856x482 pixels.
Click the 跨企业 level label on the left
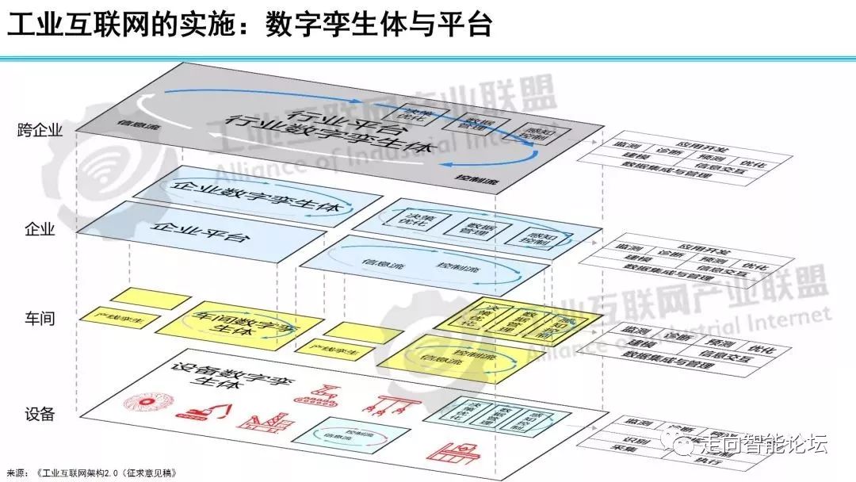[x=39, y=130]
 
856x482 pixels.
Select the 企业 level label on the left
[x=40, y=230]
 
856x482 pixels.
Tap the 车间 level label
[x=40, y=319]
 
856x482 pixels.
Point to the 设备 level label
[x=40, y=414]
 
